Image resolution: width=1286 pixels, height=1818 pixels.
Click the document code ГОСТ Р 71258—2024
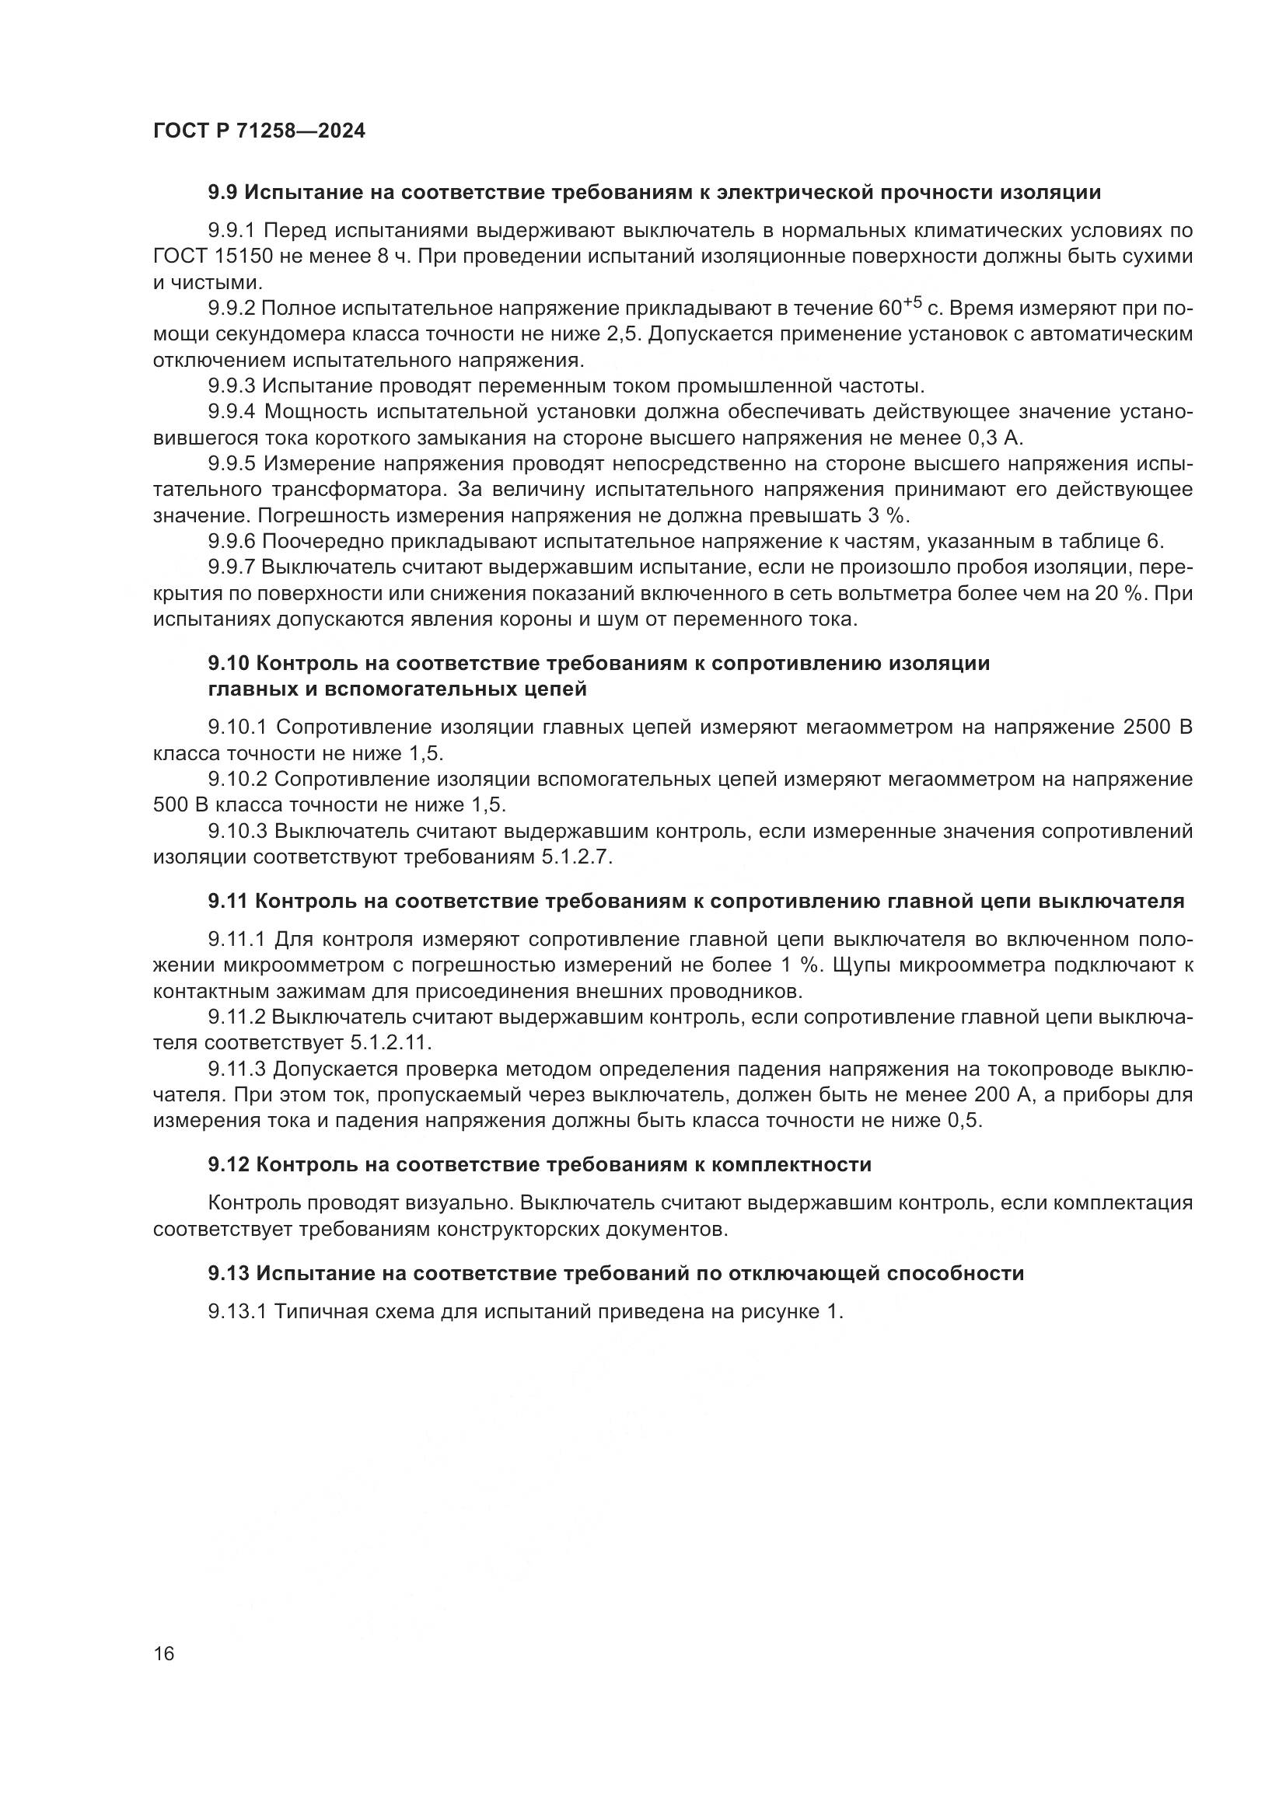[259, 131]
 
